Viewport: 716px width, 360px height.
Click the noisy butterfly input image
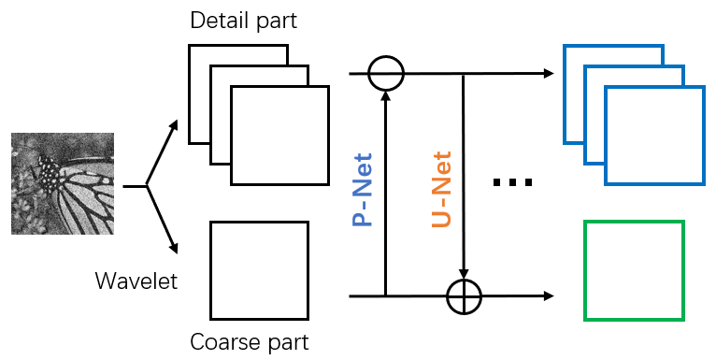[x=62, y=183]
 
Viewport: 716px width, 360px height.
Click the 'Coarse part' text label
[x=249, y=342]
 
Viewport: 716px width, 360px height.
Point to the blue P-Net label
[x=363, y=190]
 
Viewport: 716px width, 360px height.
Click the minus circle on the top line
[x=385, y=73]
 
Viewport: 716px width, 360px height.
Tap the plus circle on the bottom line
[x=464, y=297]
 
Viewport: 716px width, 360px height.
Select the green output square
[x=634, y=271]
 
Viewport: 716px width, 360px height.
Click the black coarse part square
[x=259, y=269]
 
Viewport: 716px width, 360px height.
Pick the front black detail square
[x=280, y=135]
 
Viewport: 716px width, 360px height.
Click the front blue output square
[x=654, y=135]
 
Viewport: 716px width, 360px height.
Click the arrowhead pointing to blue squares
[x=546, y=73]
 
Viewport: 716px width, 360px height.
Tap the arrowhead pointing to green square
[x=548, y=297]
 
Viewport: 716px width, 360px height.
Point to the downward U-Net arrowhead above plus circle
[x=464, y=277]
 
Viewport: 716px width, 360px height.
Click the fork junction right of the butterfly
[x=147, y=186]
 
